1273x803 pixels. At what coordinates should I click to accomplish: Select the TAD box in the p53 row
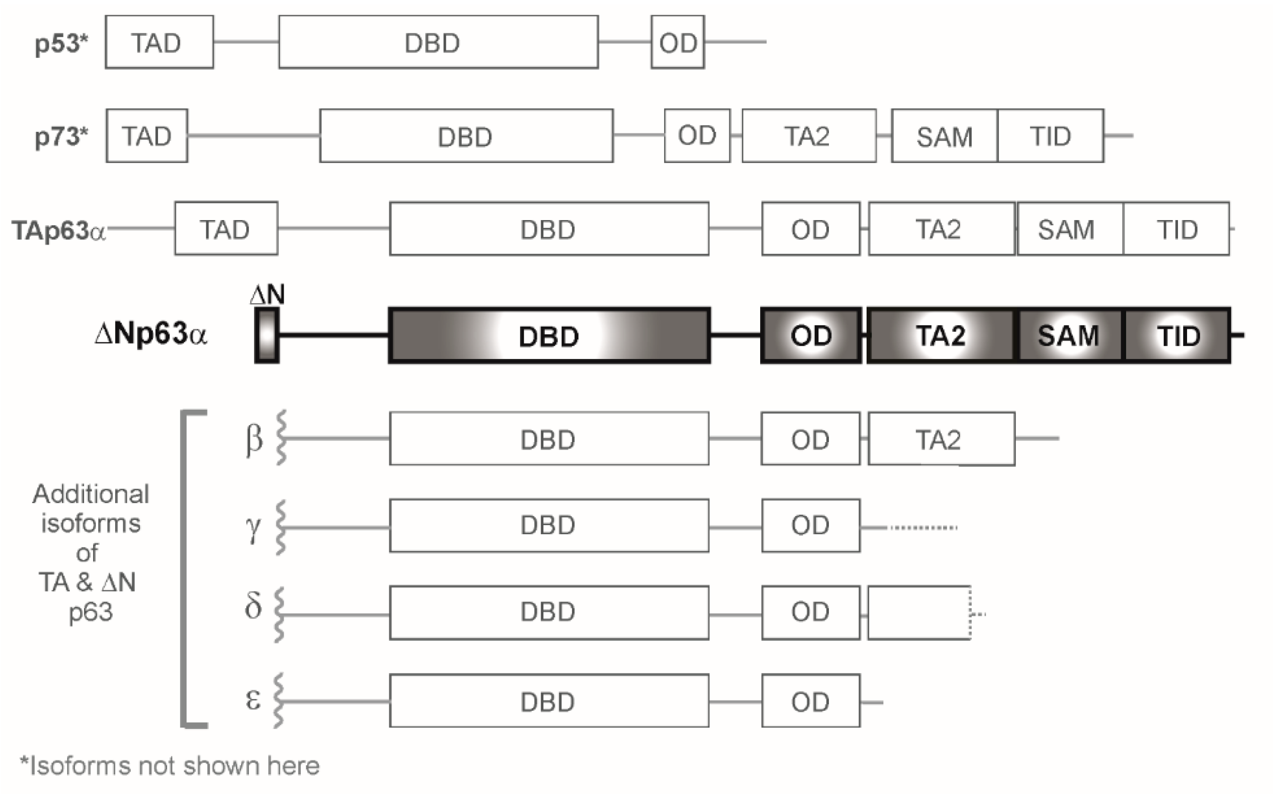click(159, 42)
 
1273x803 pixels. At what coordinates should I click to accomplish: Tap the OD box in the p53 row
click(677, 42)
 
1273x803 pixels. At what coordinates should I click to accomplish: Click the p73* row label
click(61, 137)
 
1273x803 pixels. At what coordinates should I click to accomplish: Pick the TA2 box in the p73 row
click(808, 136)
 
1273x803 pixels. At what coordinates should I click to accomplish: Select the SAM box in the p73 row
click(944, 137)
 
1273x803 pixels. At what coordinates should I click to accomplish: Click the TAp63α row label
click(58, 231)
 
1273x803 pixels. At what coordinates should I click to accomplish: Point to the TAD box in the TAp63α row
click(226, 229)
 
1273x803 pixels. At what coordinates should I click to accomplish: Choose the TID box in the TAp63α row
click(1176, 229)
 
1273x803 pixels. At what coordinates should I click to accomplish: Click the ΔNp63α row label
click(151, 334)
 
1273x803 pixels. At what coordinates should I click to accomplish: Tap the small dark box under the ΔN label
click(267, 335)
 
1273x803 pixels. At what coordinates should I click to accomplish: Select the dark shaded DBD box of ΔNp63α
click(549, 336)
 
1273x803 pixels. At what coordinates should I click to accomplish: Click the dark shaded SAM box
click(1069, 336)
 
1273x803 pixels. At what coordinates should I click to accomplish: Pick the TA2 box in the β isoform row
click(941, 439)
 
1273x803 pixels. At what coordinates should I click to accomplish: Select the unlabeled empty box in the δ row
click(919, 613)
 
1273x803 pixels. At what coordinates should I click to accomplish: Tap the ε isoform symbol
click(253, 700)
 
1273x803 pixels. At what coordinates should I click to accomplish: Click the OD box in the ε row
click(810, 701)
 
